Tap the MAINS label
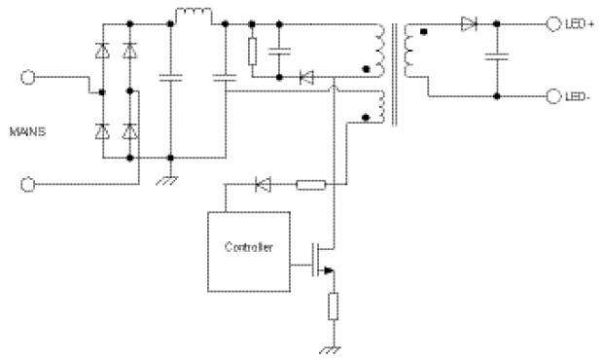(27, 131)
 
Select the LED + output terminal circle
(553, 24)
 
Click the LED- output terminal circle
(553, 96)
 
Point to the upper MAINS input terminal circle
(27, 77)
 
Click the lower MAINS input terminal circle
(27, 185)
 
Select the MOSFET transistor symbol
(322, 260)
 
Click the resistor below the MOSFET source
(334, 306)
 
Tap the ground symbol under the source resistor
(330, 349)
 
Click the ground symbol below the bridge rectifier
(167, 180)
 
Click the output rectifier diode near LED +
(469, 24)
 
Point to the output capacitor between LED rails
(497, 57)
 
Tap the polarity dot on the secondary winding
(424, 32)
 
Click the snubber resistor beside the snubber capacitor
(252, 52)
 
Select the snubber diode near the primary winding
(307, 78)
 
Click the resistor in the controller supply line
(311, 185)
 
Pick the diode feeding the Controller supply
(264, 185)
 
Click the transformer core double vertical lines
(394, 75)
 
